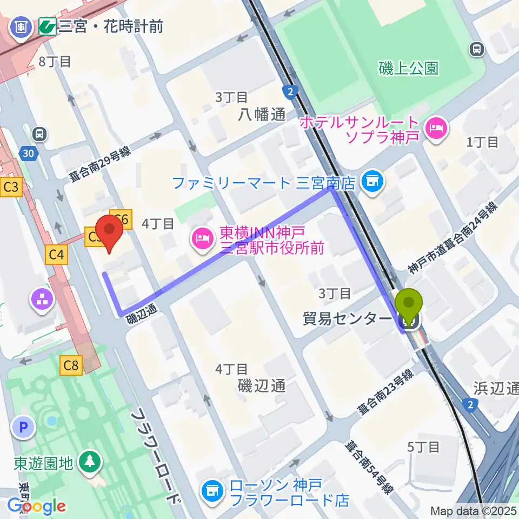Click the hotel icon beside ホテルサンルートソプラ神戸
click(x=436, y=129)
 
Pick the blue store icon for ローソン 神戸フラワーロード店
click(x=212, y=491)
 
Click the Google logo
click(x=36, y=506)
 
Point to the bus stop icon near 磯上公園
click(x=476, y=50)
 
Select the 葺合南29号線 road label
click(x=99, y=165)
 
